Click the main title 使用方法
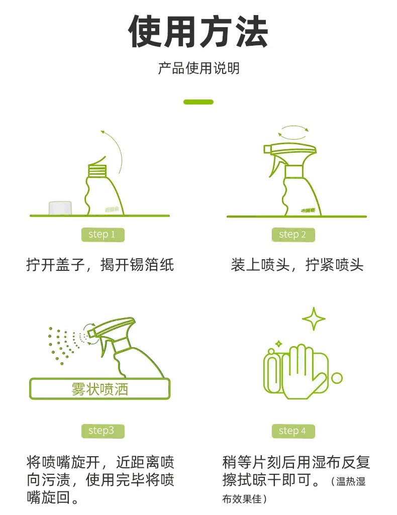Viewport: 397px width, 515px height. click(x=198, y=32)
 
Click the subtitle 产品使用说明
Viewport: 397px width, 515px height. click(x=198, y=68)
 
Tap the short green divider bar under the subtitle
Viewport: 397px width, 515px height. click(x=198, y=102)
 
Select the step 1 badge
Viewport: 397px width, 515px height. click(x=103, y=235)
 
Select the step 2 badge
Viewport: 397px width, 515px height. click(x=293, y=235)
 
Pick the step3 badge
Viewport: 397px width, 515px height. click(x=103, y=431)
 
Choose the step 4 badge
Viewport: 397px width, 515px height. click(x=293, y=431)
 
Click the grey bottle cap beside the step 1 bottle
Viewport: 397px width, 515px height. click(x=60, y=208)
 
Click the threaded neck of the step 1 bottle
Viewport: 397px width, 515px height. click(x=97, y=170)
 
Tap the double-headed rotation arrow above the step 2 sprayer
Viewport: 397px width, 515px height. click(x=293, y=131)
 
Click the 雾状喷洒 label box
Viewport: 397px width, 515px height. click(x=100, y=389)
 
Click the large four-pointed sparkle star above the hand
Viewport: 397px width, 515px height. click(x=314, y=319)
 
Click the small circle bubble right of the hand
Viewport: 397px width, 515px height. click(x=337, y=378)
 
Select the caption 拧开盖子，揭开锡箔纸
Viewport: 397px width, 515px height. click(x=100, y=265)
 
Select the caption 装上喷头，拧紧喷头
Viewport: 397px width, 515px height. click(x=297, y=265)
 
